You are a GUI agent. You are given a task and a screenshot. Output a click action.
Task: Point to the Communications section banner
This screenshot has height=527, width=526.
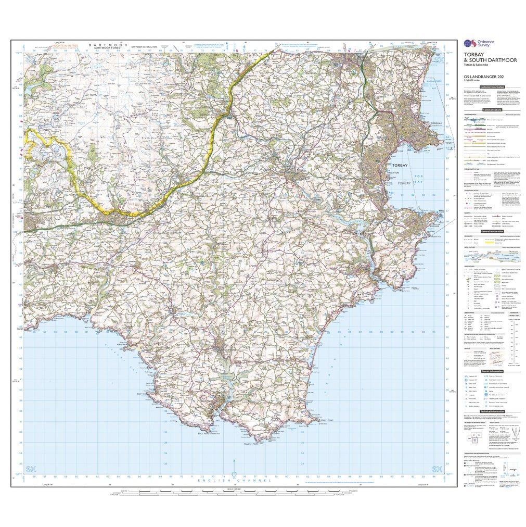492,110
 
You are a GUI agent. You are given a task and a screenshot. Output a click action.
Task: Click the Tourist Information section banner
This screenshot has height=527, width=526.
492,371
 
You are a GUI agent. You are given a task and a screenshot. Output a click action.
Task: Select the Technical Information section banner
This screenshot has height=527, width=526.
492,411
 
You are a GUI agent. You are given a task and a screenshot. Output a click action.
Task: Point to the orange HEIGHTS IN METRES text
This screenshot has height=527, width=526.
65,46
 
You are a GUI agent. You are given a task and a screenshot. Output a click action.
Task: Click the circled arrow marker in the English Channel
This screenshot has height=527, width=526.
234,473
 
